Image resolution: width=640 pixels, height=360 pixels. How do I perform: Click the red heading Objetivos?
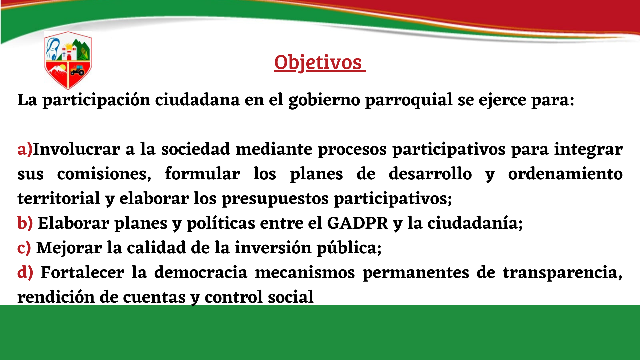tap(319, 62)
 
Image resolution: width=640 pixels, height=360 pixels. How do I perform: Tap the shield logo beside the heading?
tap(68, 60)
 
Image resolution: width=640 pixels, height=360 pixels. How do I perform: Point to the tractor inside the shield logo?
tap(77, 70)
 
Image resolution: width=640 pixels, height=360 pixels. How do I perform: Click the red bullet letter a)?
tap(25, 149)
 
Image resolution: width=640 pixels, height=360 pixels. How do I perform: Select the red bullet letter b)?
tap(25, 223)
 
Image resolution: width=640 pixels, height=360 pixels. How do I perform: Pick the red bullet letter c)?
tap(24, 248)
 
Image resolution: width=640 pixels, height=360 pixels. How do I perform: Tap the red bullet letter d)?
tap(25, 272)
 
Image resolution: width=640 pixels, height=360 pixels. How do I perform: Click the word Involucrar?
tap(77, 149)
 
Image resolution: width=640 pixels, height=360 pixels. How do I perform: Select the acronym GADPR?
tap(358, 223)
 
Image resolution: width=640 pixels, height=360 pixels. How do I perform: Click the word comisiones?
tap(104, 174)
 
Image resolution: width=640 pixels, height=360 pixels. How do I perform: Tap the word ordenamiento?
tap(565, 174)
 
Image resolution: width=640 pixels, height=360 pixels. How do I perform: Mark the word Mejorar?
tap(69, 248)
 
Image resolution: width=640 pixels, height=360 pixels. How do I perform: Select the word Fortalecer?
tap(82, 272)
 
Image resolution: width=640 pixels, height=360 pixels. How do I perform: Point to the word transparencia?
tap(563, 273)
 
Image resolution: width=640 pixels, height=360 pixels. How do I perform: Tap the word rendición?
tap(56, 297)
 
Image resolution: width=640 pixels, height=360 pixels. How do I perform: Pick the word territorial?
tap(59, 198)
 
